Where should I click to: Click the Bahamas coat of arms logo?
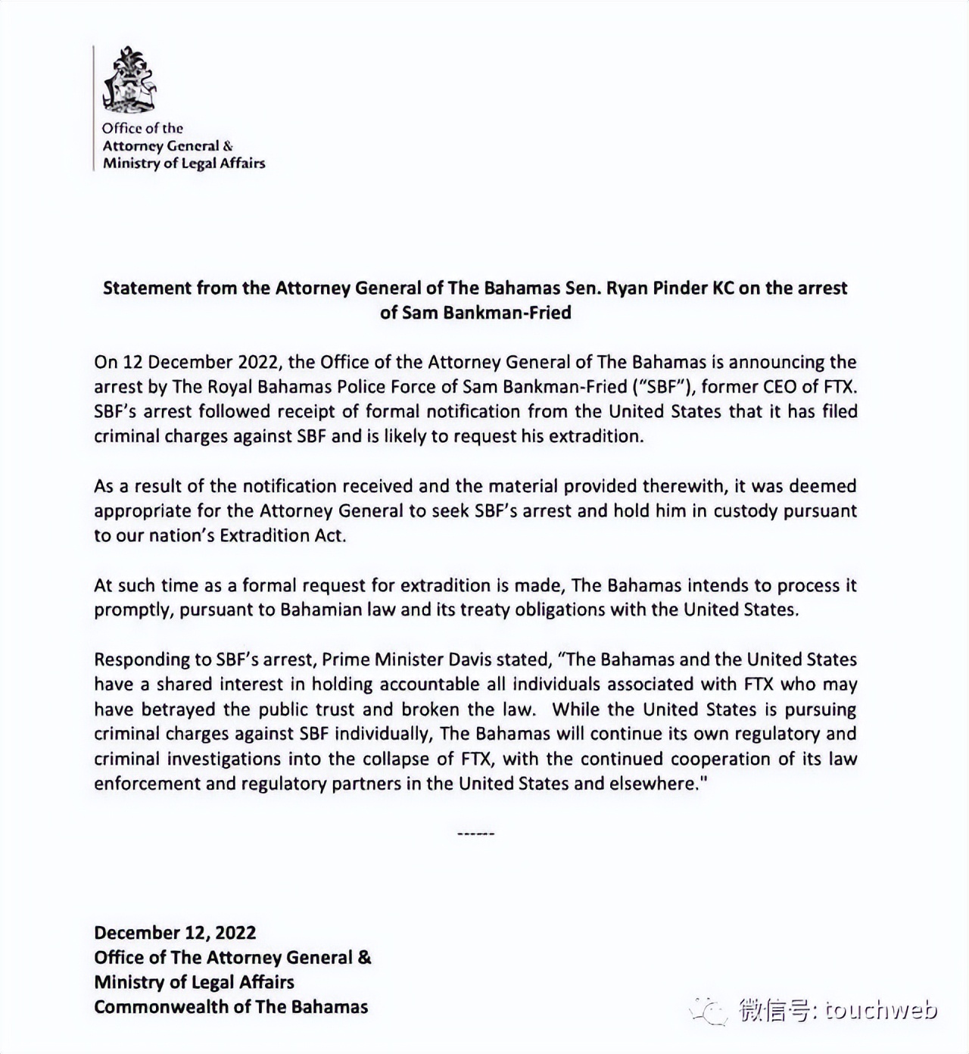(129, 80)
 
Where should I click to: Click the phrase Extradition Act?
(282, 535)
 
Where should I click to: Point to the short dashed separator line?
(476, 834)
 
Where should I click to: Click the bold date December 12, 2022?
(175, 933)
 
